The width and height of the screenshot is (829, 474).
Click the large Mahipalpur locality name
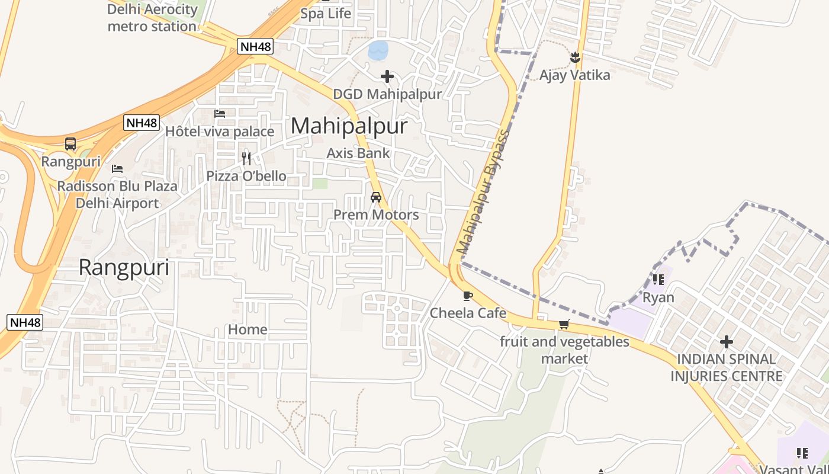point(349,126)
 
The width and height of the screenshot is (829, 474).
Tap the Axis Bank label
point(358,153)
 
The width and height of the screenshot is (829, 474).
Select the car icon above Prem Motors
point(376,197)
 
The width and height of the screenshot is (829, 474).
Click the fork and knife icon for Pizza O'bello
point(246,158)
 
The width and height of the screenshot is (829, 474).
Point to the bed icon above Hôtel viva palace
point(220,113)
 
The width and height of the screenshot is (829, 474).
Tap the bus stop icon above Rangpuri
point(70,144)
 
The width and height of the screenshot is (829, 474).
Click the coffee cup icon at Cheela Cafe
point(468,296)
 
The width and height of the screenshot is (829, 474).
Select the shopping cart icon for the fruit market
point(564,325)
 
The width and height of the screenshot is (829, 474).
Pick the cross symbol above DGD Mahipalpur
point(387,76)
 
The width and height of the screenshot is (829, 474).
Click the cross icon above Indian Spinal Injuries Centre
point(727,342)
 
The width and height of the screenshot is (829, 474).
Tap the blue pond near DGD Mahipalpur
point(378,50)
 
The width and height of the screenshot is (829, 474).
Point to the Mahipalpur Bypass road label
point(483,192)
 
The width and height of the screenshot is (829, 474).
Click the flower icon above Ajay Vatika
point(574,57)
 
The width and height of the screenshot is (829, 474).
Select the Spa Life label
point(326,14)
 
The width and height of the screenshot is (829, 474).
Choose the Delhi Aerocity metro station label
point(152,18)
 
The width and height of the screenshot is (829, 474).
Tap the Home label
point(248,329)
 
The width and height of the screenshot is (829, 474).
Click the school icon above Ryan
point(658,279)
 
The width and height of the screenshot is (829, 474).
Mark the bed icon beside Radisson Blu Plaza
point(117,169)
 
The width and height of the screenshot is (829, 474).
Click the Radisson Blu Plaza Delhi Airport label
point(117,194)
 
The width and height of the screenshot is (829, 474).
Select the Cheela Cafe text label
point(468,313)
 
